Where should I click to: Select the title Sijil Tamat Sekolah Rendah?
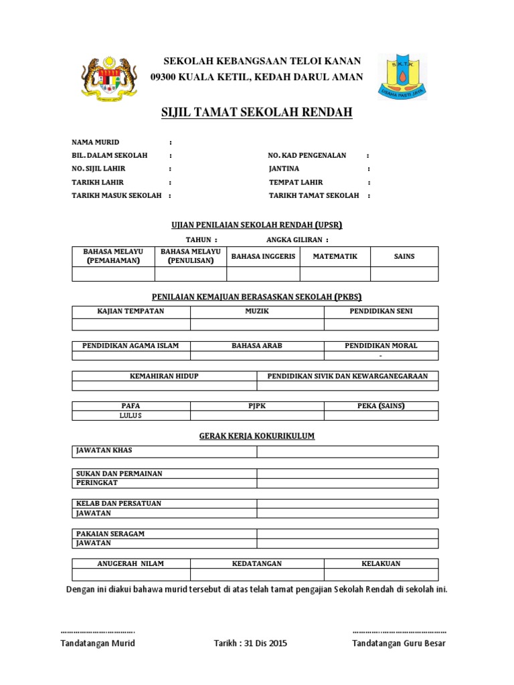pos(257,112)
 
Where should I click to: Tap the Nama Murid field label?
pos(96,142)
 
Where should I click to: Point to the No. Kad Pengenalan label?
pos(307,155)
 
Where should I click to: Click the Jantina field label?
pos(284,169)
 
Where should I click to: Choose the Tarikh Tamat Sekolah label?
pos(314,195)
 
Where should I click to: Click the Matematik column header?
pos(335,256)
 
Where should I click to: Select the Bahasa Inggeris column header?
pos(263,256)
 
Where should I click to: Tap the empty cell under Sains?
pos(404,274)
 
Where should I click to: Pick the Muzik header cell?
pos(257,312)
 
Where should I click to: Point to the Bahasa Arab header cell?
pos(257,346)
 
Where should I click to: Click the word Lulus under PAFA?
pos(131,415)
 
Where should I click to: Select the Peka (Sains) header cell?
pos(381,406)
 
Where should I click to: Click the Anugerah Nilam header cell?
pos(131,563)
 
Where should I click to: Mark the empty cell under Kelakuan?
pos(381,575)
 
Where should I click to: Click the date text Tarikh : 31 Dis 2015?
pos(250,644)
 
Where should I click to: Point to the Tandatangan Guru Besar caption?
pos(398,644)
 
